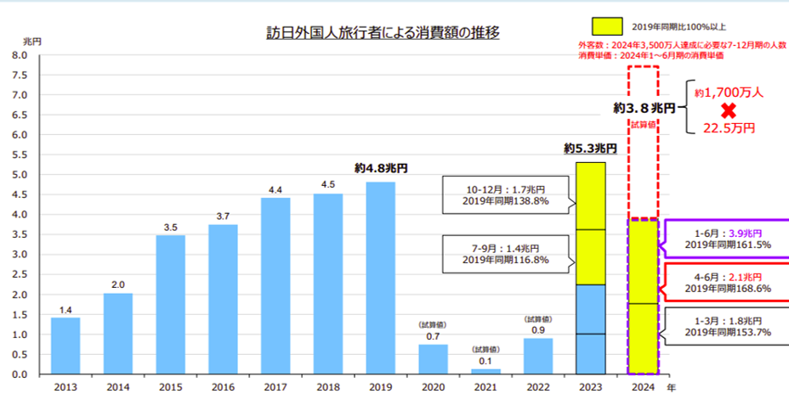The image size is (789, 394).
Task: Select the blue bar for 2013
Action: [x=65, y=346]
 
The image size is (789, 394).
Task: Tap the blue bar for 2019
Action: [x=380, y=278]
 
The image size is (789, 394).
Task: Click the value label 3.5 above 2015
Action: [x=170, y=228]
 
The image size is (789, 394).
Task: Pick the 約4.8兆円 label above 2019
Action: [x=380, y=168]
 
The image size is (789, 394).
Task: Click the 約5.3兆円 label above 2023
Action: [x=590, y=149]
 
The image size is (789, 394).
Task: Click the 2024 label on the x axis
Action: [x=643, y=386]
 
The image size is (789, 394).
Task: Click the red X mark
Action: [x=728, y=110]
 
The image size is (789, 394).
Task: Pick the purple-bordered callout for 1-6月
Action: [x=728, y=239]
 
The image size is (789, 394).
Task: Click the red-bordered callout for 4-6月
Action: [x=728, y=282]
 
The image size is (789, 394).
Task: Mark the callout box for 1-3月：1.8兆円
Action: [x=728, y=325]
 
